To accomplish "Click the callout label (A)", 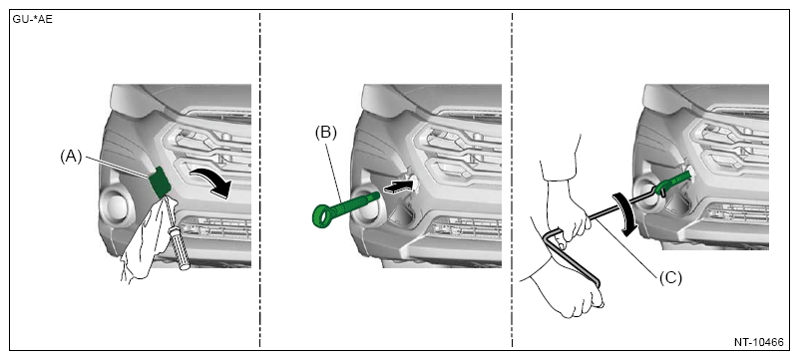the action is tap(71, 158).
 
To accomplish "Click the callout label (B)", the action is tap(325, 133).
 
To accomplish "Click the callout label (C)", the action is tap(670, 278).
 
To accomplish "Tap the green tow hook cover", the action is tap(160, 181).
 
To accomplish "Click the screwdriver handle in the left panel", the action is tap(180, 248).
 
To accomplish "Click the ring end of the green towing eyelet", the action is tap(322, 214).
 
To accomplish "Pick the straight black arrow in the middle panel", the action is tap(398, 184).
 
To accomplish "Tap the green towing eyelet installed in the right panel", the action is tap(674, 183).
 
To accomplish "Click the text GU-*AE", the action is tap(33, 21).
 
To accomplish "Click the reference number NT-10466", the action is tap(758, 342).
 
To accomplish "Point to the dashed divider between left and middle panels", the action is tap(259, 180).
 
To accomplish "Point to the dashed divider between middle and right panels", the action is tap(512, 180).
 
